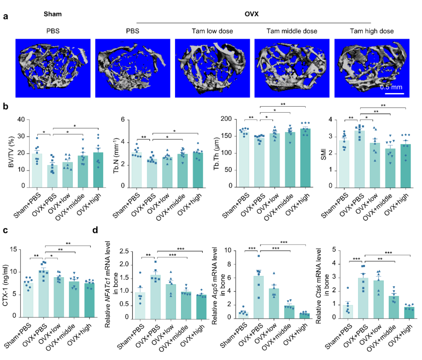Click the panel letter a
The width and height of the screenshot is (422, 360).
point(6,17)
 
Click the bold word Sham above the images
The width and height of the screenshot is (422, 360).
point(53,14)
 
